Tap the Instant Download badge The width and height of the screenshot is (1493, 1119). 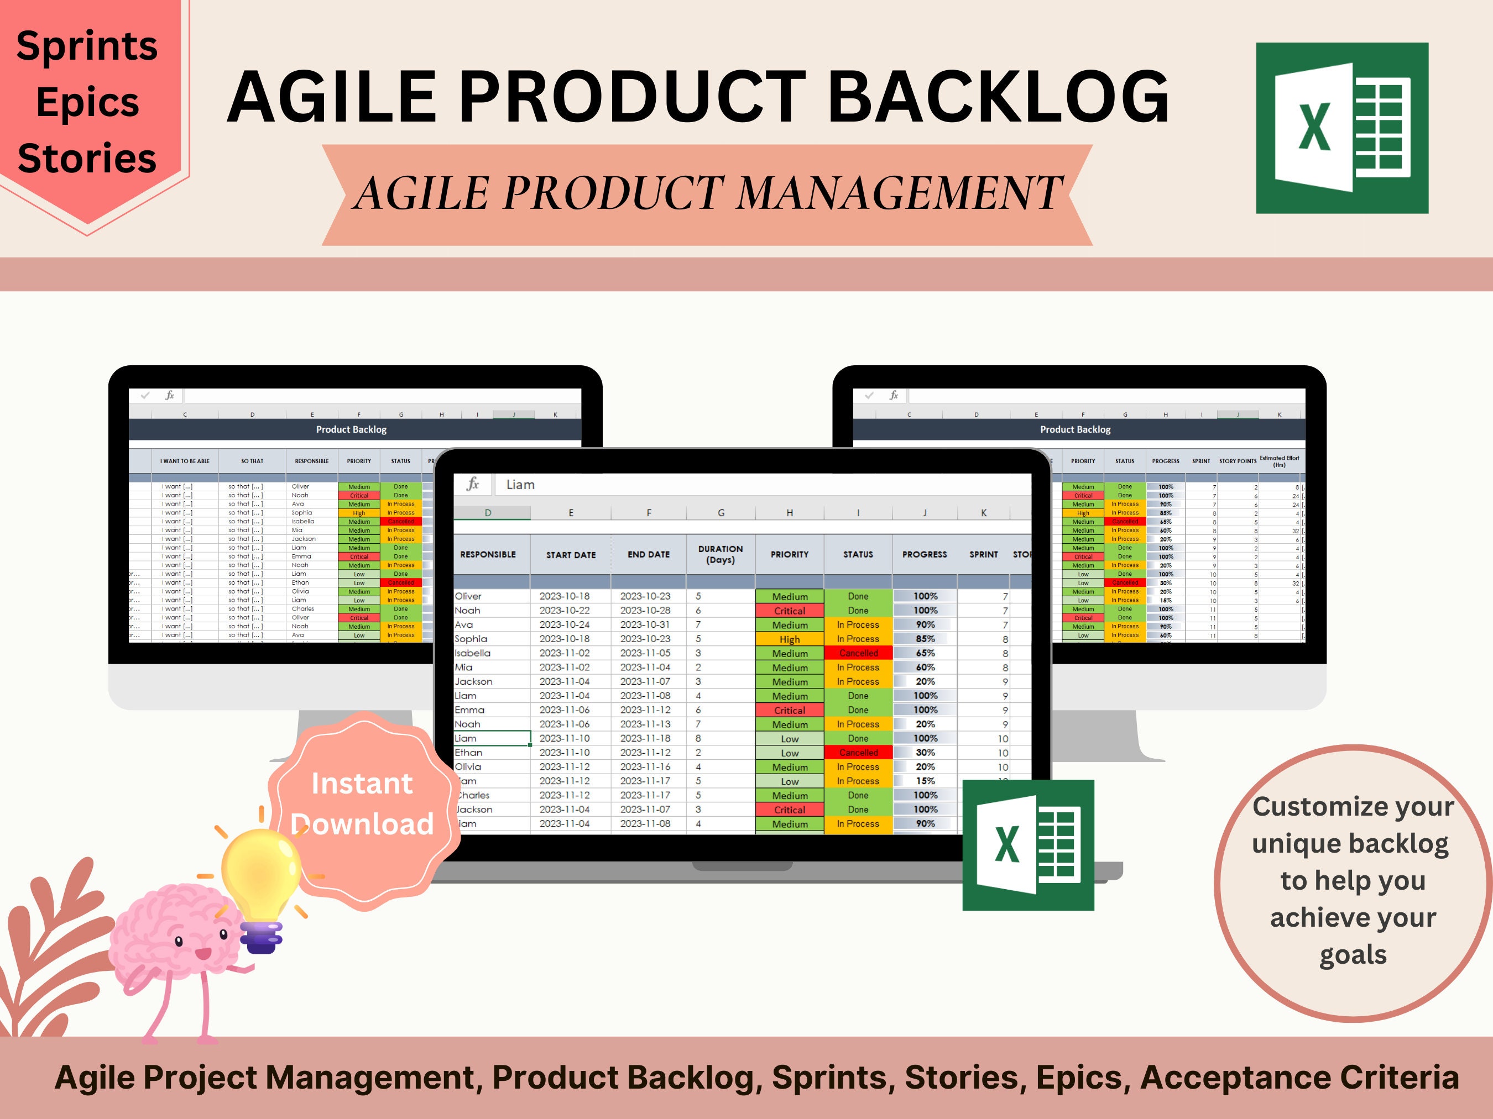(x=362, y=804)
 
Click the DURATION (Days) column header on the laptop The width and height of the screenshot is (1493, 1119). (x=720, y=554)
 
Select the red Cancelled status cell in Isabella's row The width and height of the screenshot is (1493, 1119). (x=858, y=653)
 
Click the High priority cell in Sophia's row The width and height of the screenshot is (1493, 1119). (x=789, y=639)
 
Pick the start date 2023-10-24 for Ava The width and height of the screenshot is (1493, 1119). (x=564, y=624)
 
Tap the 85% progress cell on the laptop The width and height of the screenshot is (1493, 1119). (x=925, y=639)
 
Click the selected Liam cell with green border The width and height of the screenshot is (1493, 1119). (x=492, y=738)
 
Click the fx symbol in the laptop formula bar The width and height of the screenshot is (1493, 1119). (x=472, y=484)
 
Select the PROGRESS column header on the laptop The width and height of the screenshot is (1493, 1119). (x=924, y=554)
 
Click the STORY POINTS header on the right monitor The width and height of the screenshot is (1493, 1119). (x=1237, y=461)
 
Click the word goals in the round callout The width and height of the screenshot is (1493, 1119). (x=1353, y=955)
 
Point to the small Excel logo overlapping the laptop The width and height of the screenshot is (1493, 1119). (x=1027, y=844)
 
